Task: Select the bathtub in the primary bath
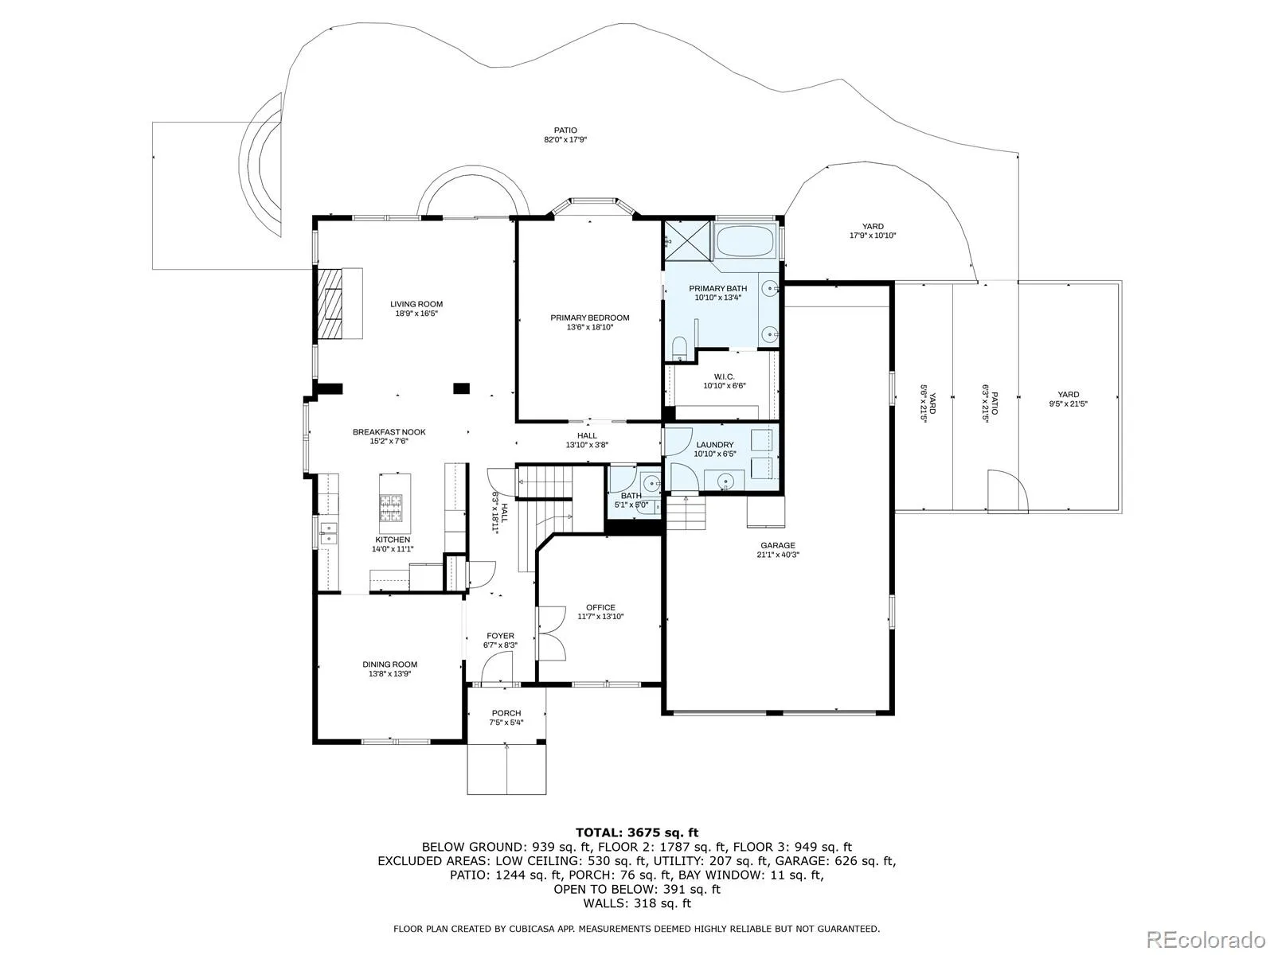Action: point(744,241)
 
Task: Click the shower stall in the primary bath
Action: point(688,240)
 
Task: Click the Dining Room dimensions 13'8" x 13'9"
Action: point(389,674)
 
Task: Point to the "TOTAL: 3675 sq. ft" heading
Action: point(637,833)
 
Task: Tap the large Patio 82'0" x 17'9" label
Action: point(565,135)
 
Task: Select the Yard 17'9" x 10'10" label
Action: point(873,231)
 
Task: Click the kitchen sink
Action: point(329,533)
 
